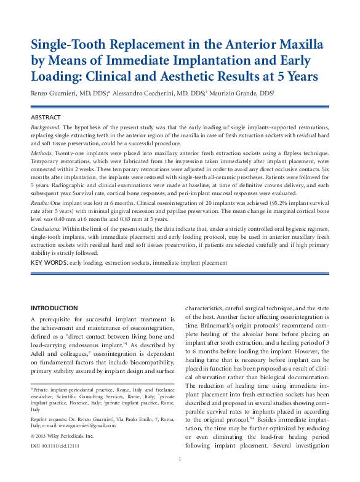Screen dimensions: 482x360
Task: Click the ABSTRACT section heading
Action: click(x=46, y=117)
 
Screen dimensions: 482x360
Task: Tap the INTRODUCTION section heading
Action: click(x=54, y=308)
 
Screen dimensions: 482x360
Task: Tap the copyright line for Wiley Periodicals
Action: click(x=62, y=435)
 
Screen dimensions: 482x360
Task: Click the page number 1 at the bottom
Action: click(x=180, y=476)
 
